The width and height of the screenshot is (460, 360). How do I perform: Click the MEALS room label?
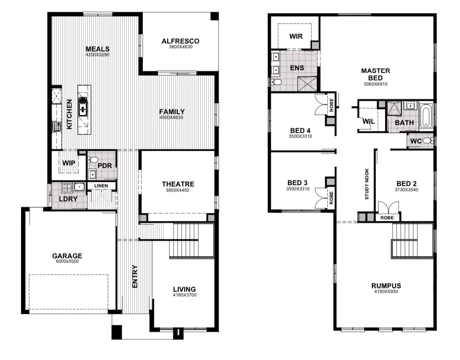pyautogui.click(x=97, y=49)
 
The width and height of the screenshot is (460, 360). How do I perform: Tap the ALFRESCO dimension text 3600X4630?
pyautogui.click(x=180, y=47)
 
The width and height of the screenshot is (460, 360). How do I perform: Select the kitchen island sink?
pyautogui.click(x=83, y=106)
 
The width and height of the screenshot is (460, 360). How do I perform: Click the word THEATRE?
pyautogui.click(x=178, y=184)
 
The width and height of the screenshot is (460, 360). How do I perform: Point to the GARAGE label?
pyautogui.click(x=67, y=256)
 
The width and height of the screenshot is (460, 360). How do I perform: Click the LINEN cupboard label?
pyautogui.click(x=101, y=186)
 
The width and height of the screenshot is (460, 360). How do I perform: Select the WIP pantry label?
pyautogui.click(x=68, y=163)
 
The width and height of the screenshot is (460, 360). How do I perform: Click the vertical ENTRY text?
pyautogui.click(x=135, y=276)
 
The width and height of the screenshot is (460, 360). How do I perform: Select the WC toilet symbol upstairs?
pyautogui.click(x=431, y=140)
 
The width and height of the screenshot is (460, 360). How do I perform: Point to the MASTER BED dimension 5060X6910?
pyautogui.click(x=375, y=84)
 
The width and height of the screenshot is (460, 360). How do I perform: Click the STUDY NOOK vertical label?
pyautogui.click(x=367, y=185)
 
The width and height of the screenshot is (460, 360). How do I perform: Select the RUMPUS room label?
pyautogui.click(x=387, y=285)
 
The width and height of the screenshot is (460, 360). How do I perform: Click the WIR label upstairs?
pyautogui.click(x=296, y=36)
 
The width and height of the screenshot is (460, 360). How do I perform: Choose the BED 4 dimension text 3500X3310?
pyautogui.click(x=300, y=136)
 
